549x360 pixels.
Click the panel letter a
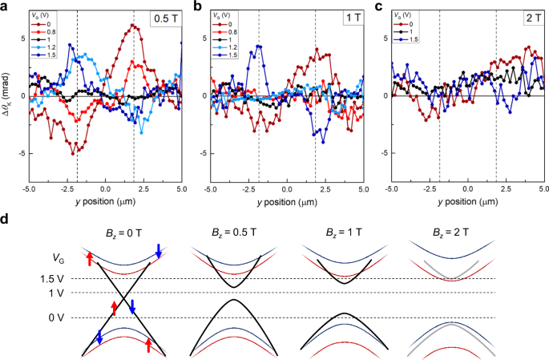point(6,7)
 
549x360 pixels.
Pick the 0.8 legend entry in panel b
point(229,32)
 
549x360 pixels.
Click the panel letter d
point(6,219)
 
